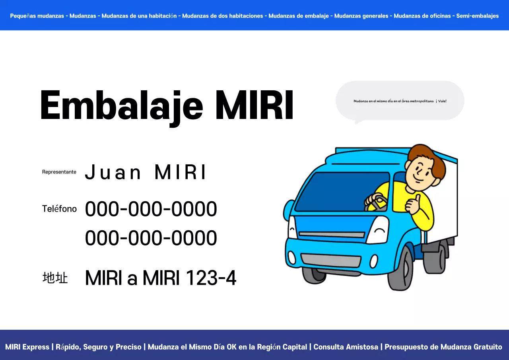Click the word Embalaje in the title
[x=122, y=106]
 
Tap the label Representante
[x=59, y=172]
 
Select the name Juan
[x=113, y=173]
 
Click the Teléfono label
[x=59, y=209]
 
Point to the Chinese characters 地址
[x=55, y=278]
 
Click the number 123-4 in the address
[x=211, y=278]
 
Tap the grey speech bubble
[x=400, y=101]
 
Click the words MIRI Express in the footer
[x=27, y=347]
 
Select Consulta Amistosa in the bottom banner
[x=346, y=347]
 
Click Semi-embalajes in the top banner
[x=477, y=16]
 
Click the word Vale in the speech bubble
[x=442, y=101]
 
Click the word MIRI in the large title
[x=254, y=106]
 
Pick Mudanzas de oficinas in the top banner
[x=422, y=16]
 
